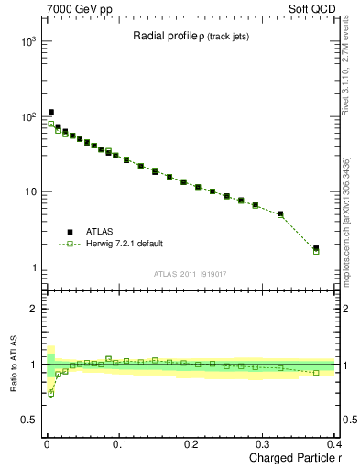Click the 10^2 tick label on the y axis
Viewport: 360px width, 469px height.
(x=27, y=117)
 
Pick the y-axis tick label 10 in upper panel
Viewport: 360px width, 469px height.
(x=29, y=192)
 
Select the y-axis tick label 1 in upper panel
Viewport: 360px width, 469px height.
(x=33, y=267)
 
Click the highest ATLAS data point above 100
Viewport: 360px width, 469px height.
(x=51, y=112)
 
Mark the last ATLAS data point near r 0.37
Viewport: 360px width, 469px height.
(x=316, y=248)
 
